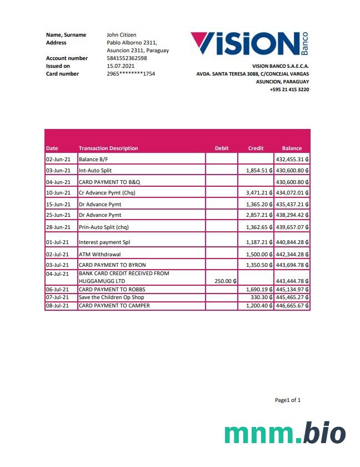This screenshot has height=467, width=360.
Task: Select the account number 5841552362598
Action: pyautogui.click(x=127, y=58)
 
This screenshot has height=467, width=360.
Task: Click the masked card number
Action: pyautogui.click(x=131, y=73)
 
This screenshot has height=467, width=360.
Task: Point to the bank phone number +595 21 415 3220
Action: pyautogui.click(x=289, y=90)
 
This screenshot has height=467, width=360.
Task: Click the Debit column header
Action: pyautogui.click(x=221, y=148)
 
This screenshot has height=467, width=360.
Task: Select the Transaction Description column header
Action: pyautogui.click(x=108, y=148)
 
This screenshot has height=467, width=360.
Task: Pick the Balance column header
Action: pyautogui.click(x=292, y=148)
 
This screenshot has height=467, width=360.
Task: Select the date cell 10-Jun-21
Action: pyautogui.click(x=58, y=193)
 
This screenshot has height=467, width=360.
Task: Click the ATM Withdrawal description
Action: pyautogui.click(x=100, y=254)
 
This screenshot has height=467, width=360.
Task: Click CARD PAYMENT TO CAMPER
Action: pyautogui.click(x=114, y=306)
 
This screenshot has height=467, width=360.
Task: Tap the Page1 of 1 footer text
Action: pyautogui.click(x=288, y=400)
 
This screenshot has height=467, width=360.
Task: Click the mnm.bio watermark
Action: pyautogui.click(x=285, y=434)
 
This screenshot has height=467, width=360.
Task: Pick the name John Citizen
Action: pyautogui.click(x=121, y=35)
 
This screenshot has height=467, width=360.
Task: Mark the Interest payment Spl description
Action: pyautogui.click(x=104, y=242)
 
